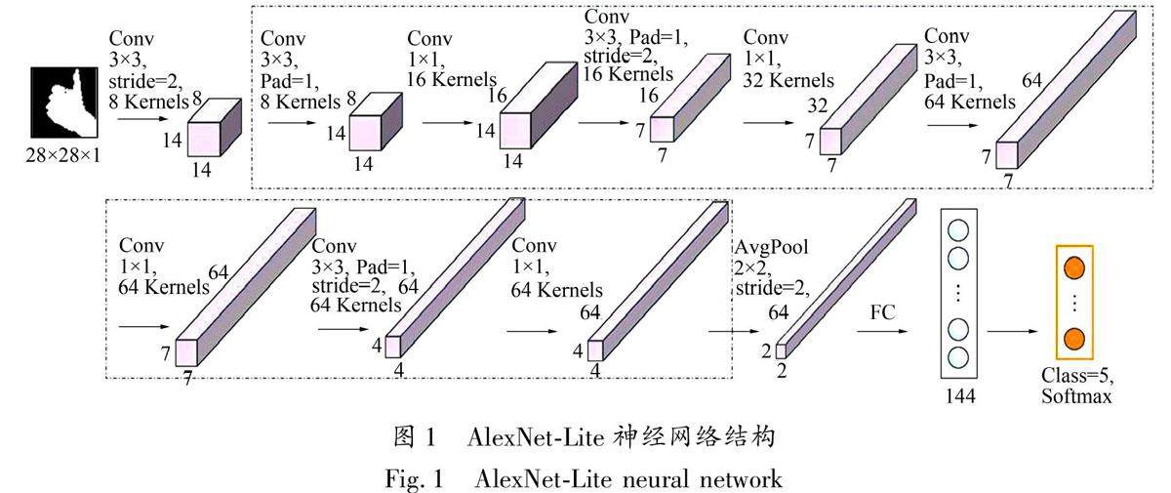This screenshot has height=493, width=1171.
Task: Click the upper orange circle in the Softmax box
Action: click(1073, 267)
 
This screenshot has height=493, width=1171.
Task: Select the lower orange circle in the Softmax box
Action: click(1073, 338)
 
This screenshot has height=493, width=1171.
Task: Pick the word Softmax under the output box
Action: click(1075, 397)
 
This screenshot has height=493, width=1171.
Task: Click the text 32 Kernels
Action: click(787, 81)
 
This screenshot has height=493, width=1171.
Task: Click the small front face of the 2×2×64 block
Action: click(781, 350)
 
